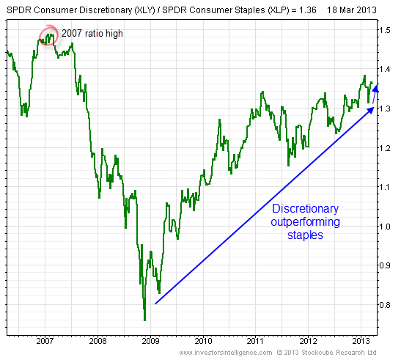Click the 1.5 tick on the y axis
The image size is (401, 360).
[x=386, y=30]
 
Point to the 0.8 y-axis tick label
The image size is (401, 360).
[x=386, y=305]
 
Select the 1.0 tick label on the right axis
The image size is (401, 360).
[x=386, y=227]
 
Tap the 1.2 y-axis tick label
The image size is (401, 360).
[x=386, y=148]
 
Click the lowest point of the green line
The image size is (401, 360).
[x=144, y=320]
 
